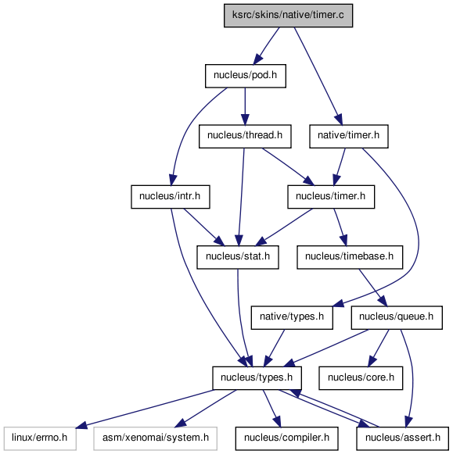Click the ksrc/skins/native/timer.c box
coord(288,16)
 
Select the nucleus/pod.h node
coord(246,76)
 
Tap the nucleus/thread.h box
coord(245,137)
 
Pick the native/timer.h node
coord(349,137)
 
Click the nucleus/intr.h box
coord(171,197)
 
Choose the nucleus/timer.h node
coord(331,197)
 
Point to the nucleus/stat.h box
coord(238,257)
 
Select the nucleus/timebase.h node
coord(350,257)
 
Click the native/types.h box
coord(292,317)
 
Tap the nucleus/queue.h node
coord(397,317)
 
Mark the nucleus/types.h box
coord(257,378)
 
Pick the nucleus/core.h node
coord(361,378)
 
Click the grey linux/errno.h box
coord(40,438)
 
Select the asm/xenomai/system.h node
coord(156,438)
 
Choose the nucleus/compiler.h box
coord(286,438)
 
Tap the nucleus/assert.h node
coord(403,438)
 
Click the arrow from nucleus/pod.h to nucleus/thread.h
coord(245,106)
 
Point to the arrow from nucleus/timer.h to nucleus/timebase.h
coord(340,227)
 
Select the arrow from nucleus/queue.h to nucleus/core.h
coord(379,348)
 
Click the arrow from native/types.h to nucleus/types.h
coord(274,348)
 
